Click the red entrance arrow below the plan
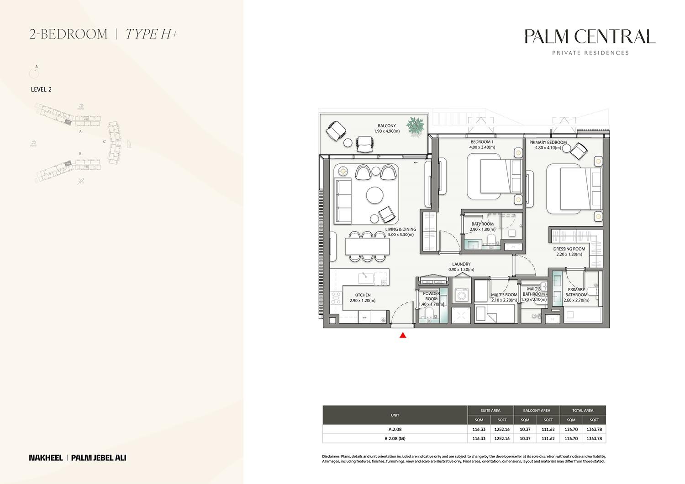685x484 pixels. pos(403,336)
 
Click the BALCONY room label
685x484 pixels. pos(386,126)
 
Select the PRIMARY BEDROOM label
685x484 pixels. pos(548,142)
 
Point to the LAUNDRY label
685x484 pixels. pos(461,264)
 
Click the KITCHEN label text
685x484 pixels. pos(363,295)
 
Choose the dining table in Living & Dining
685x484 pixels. pos(368,247)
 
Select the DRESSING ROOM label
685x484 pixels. pos(569,249)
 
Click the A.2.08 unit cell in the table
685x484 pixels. pos(395,429)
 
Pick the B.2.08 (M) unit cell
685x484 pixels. pos(395,438)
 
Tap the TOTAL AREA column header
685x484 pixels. pos(583,411)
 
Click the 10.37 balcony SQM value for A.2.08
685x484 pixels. pos(525,429)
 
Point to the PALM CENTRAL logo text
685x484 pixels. pos(590,36)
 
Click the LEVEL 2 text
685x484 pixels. pos(41,89)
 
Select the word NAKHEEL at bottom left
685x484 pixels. pos(46,458)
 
